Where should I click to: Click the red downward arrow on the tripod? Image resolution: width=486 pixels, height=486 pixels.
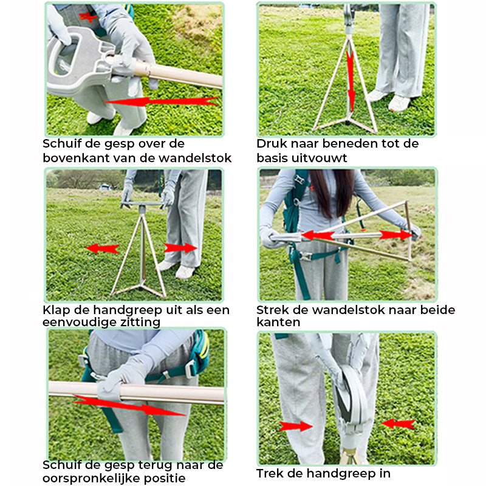click(x=351, y=81)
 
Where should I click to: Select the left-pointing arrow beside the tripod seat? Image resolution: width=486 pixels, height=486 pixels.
click(x=102, y=248)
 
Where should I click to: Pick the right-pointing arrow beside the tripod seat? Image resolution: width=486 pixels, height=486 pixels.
click(x=180, y=248)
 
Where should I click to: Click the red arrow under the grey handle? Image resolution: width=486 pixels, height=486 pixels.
click(x=160, y=101)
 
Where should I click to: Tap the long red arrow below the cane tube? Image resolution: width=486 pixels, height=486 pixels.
click(x=129, y=405)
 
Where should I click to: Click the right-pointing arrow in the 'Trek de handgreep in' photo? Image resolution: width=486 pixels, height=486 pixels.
click(x=295, y=426)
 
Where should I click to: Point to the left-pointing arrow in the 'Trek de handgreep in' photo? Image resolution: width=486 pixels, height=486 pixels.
click(x=399, y=423)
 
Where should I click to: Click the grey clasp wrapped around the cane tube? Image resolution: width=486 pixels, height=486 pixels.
click(x=109, y=391)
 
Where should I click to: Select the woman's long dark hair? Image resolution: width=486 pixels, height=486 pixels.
click(x=331, y=193)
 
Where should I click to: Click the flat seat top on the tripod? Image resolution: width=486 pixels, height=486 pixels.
click(x=142, y=204)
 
